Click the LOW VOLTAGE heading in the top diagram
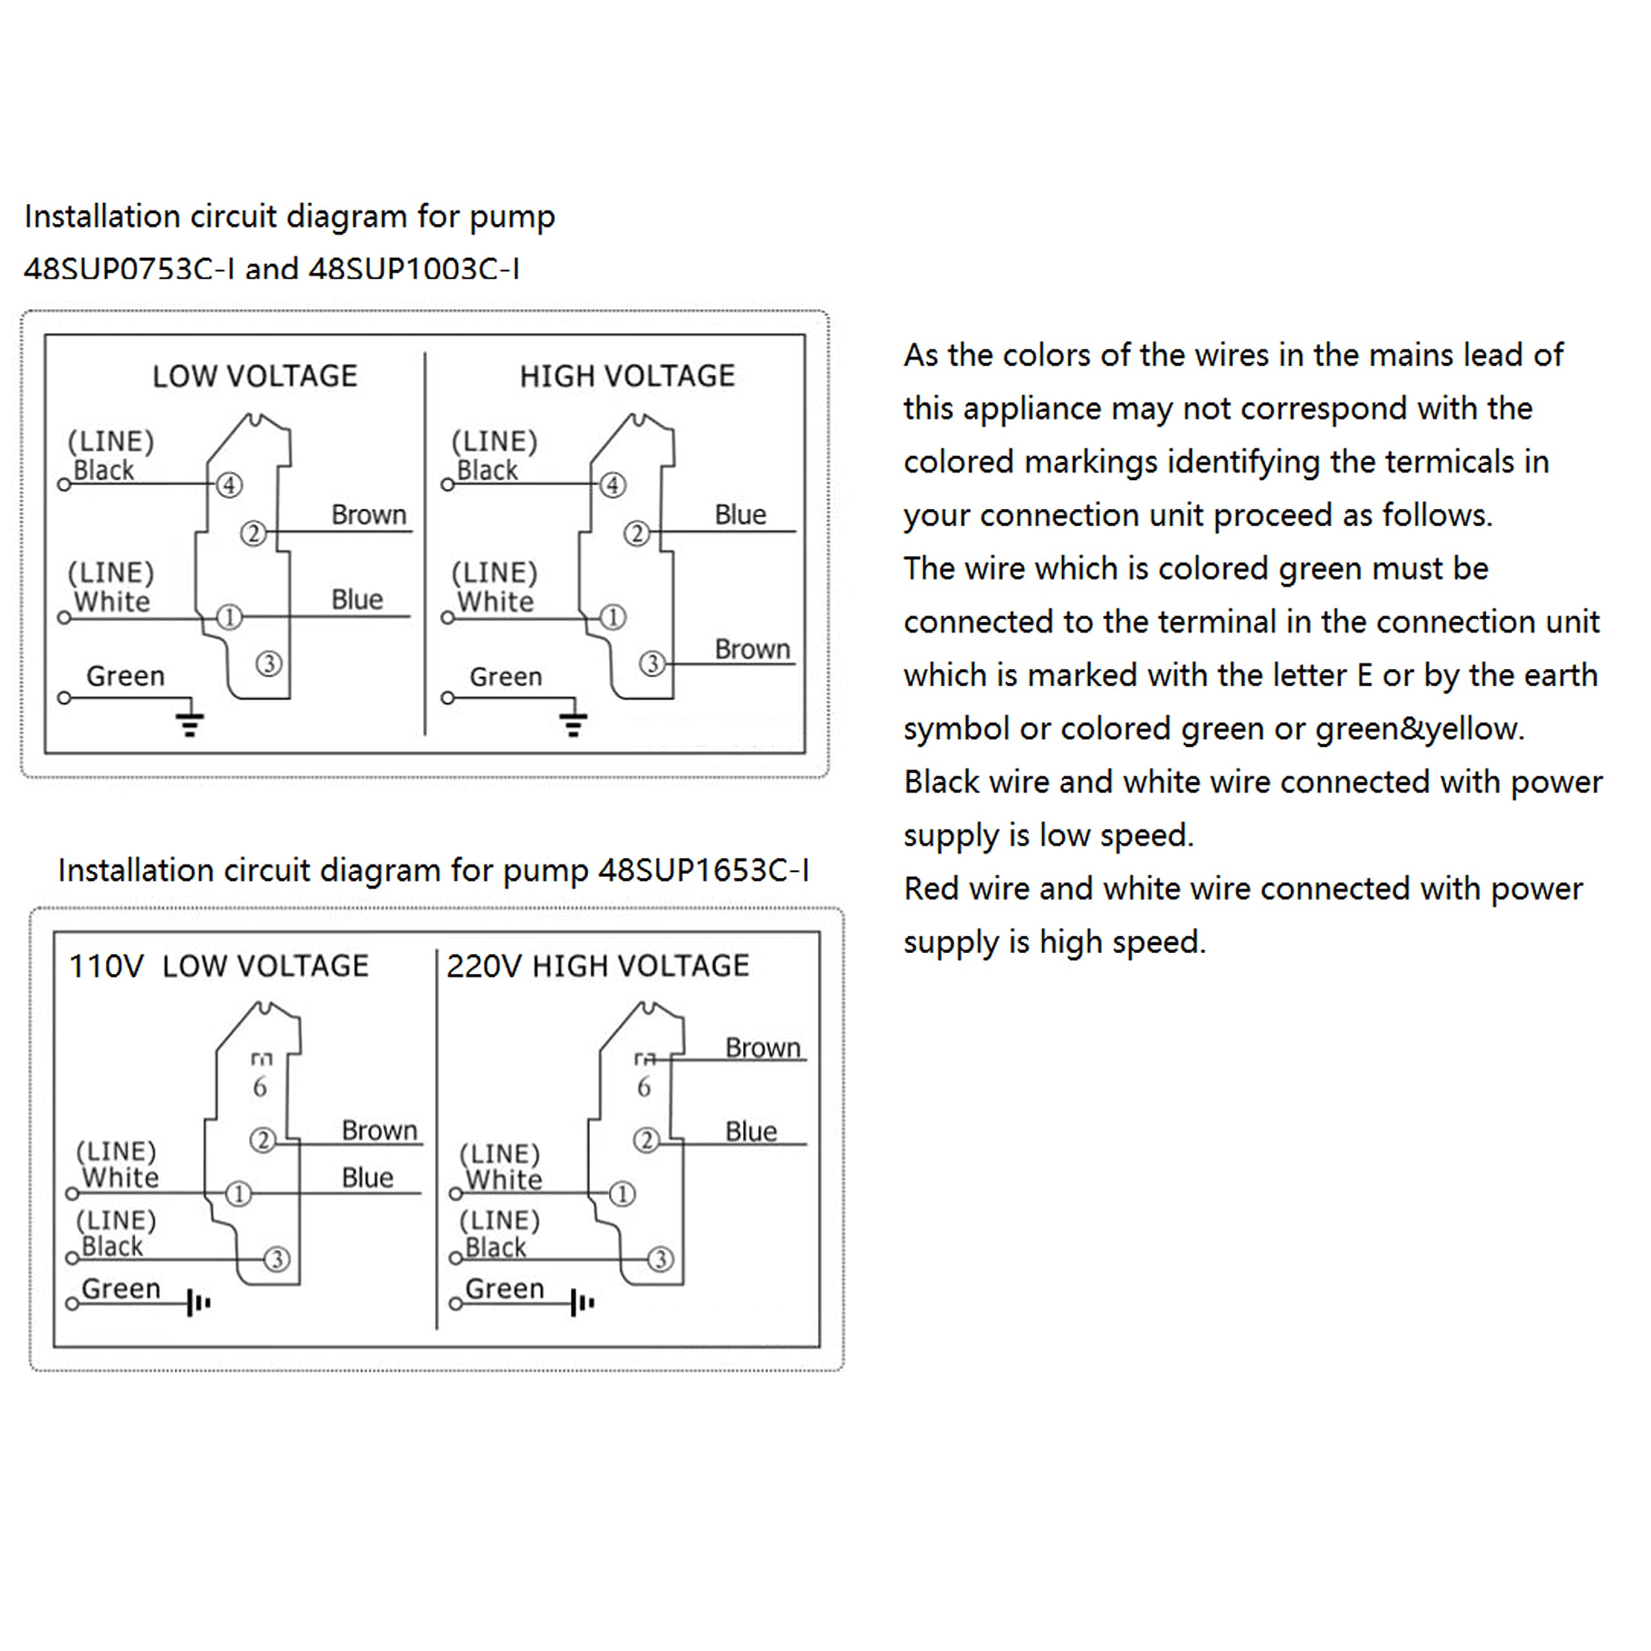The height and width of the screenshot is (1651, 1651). click(x=255, y=376)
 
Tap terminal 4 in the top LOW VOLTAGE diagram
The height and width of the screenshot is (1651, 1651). click(x=229, y=486)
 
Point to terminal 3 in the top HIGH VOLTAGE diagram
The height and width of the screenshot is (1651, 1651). click(x=652, y=663)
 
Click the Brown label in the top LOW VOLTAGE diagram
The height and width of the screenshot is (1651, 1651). click(x=368, y=515)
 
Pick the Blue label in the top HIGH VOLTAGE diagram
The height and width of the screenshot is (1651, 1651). click(x=740, y=515)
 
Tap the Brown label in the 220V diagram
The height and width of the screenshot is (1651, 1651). click(x=762, y=1048)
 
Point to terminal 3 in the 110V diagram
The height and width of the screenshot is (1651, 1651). click(x=276, y=1259)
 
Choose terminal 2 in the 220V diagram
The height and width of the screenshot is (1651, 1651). click(x=646, y=1140)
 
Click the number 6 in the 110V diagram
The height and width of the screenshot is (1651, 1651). click(x=260, y=1087)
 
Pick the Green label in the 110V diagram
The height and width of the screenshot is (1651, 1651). click(x=121, y=1289)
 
